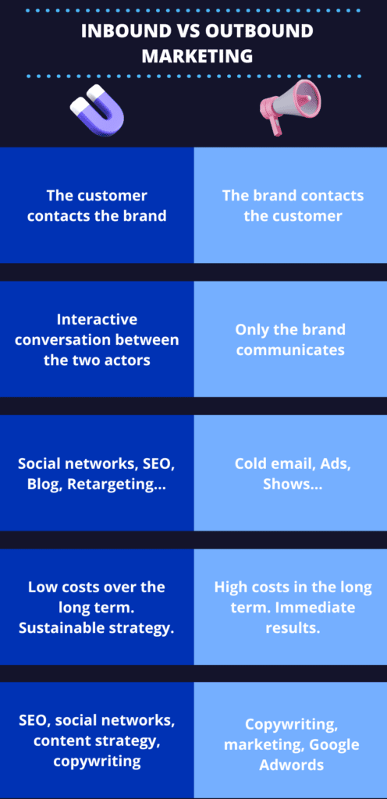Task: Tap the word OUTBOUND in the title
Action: (257, 32)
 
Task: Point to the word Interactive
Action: (97, 320)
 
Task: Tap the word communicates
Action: (290, 350)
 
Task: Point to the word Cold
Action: (252, 463)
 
